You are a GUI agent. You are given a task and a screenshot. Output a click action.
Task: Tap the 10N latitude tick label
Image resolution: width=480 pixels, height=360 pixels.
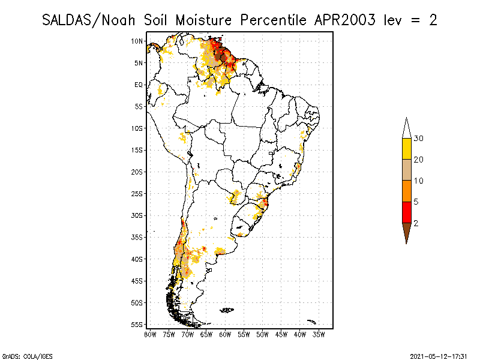tap(137, 41)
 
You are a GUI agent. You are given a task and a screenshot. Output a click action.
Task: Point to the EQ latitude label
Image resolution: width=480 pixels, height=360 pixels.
tap(139, 85)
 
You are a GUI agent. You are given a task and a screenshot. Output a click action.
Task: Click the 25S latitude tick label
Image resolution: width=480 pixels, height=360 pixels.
tap(137, 194)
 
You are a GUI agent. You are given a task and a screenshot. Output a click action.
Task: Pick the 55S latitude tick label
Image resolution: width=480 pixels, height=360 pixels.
tap(137, 325)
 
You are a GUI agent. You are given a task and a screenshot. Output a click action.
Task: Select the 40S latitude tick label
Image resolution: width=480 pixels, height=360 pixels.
tap(137, 259)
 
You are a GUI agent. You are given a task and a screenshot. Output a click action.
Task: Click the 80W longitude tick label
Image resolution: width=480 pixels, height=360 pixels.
tap(150, 334)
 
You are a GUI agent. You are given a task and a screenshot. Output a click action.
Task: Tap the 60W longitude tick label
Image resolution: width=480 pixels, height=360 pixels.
tap(226, 334)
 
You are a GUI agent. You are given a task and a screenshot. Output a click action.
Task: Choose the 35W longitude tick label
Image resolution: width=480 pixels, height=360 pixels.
tap(319, 334)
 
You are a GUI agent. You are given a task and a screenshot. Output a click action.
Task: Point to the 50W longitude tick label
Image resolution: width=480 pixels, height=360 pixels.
tap(263, 334)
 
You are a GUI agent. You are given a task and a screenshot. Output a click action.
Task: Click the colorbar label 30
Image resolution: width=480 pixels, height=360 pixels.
tap(419, 139)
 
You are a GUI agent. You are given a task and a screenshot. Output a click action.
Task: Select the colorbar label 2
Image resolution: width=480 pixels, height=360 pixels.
tap(416, 223)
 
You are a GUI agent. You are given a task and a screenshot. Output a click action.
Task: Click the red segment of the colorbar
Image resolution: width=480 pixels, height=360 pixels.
tap(406, 212)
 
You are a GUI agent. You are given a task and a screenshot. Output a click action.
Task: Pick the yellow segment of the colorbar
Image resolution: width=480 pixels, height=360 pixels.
tap(406, 149)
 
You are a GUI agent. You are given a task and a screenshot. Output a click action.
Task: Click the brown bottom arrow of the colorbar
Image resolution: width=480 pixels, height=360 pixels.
tap(406, 231)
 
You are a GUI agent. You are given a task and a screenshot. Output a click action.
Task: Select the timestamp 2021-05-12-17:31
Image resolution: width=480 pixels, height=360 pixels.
tap(439, 355)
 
